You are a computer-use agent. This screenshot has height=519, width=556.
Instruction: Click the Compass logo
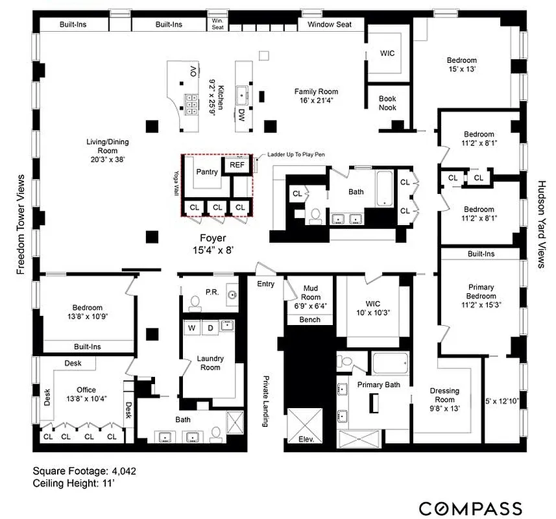[470, 507]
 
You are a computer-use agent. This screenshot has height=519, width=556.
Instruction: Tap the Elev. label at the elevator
[306, 439]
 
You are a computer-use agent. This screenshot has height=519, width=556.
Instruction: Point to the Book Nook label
[387, 103]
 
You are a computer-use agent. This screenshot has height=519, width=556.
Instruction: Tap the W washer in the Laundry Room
[193, 328]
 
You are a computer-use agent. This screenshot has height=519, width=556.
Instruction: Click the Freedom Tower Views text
[21, 224]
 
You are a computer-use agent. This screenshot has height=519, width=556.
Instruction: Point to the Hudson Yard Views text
[540, 224]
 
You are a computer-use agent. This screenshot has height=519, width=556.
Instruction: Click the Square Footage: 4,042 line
[84, 471]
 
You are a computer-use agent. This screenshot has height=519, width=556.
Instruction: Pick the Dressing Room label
[444, 395]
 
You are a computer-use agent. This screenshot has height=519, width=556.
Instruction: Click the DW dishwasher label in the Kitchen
[241, 115]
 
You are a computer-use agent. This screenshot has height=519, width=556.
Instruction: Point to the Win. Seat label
[217, 24]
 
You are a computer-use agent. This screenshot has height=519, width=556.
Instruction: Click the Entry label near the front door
[265, 284]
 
